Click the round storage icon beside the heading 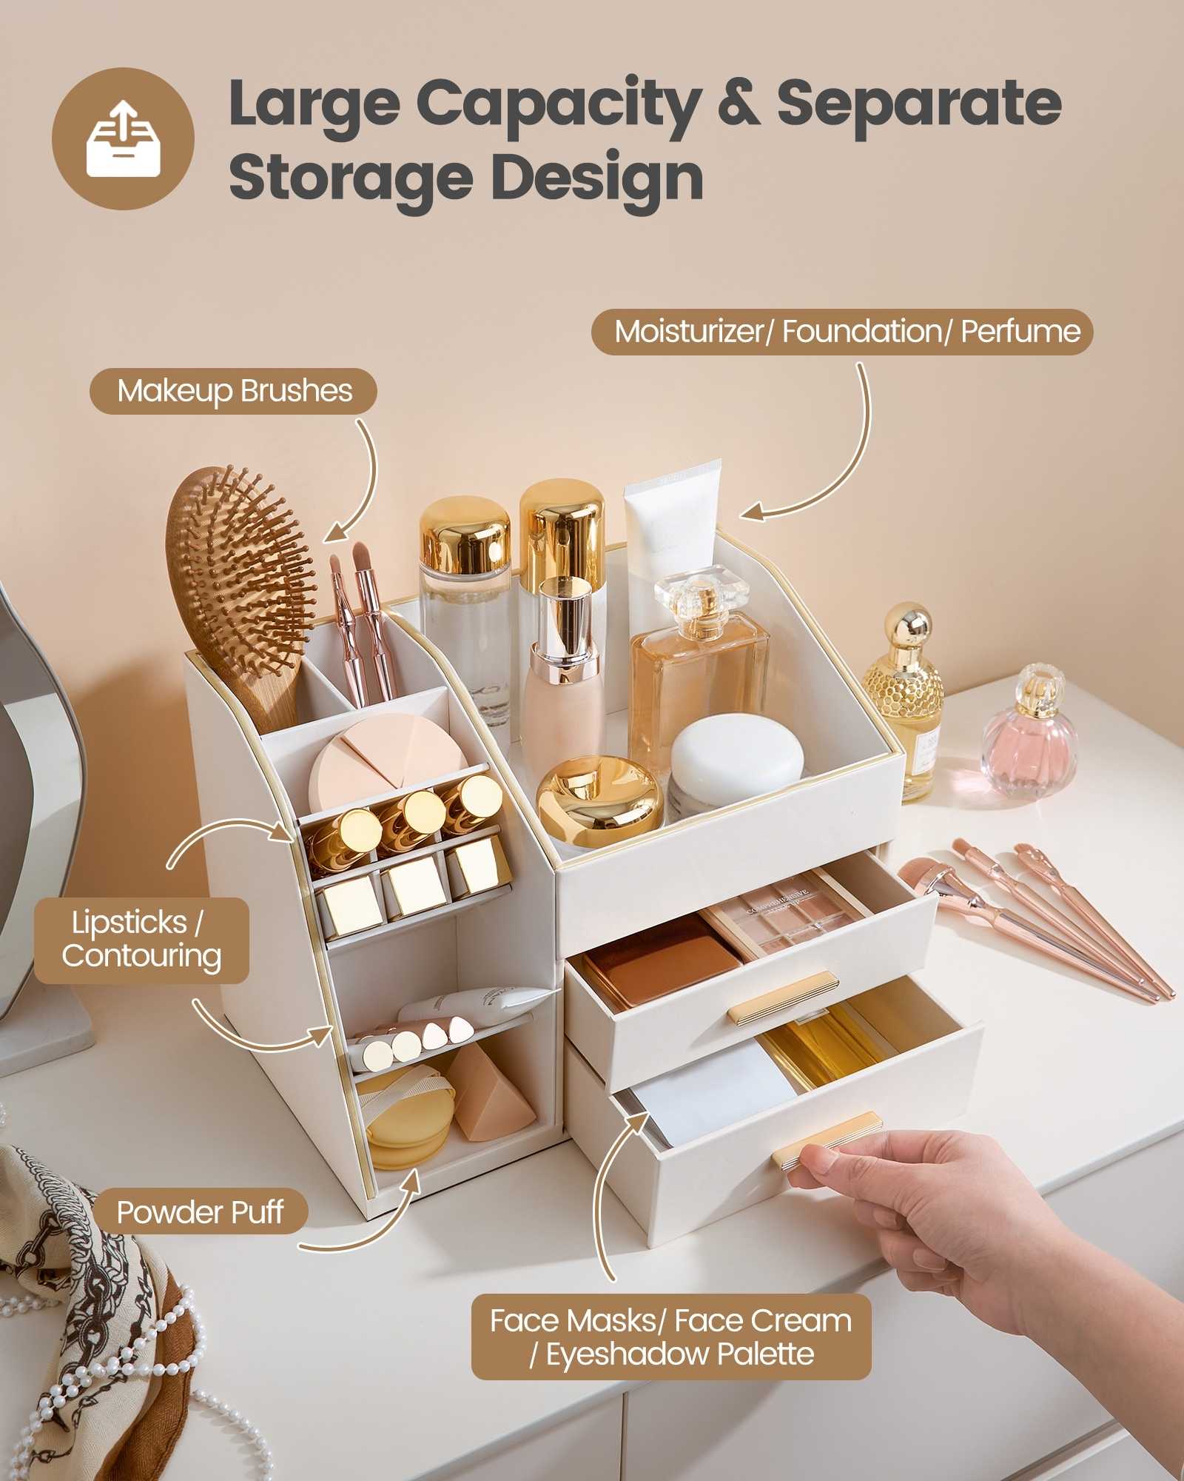(x=123, y=138)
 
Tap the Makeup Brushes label (x=234, y=391)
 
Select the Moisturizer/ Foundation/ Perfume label (x=842, y=331)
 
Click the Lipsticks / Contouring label (x=141, y=940)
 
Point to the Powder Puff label (x=200, y=1212)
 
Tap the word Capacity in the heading (x=559, y=104)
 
